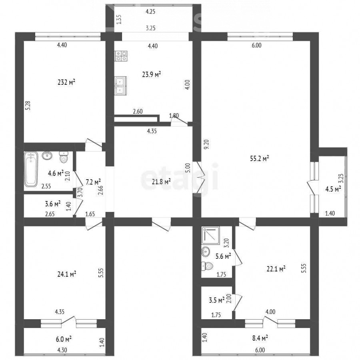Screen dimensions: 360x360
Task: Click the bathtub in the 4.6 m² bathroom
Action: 31,169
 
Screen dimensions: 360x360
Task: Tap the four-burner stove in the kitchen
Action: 121,56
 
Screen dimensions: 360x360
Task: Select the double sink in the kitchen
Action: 120,86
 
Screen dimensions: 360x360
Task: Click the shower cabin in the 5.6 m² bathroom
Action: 210,236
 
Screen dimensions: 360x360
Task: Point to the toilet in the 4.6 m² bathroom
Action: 64,157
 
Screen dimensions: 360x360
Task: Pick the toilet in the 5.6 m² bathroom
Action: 207,266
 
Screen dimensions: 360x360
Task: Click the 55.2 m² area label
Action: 260,158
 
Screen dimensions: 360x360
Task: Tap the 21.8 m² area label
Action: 161,182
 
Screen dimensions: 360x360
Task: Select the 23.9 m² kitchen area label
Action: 151,74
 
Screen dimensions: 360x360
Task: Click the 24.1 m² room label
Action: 66,274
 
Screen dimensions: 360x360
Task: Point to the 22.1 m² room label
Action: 276,269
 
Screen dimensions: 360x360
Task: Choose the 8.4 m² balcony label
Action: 260,338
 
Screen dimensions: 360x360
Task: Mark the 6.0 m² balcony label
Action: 63,339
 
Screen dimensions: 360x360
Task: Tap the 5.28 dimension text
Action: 28,106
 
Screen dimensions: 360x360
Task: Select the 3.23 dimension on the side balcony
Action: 341,178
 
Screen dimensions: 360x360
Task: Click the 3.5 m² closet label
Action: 216,300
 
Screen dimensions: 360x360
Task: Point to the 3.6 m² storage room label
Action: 52,204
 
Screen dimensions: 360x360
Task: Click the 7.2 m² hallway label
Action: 93,182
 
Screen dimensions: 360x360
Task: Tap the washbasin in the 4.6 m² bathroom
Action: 47,156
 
